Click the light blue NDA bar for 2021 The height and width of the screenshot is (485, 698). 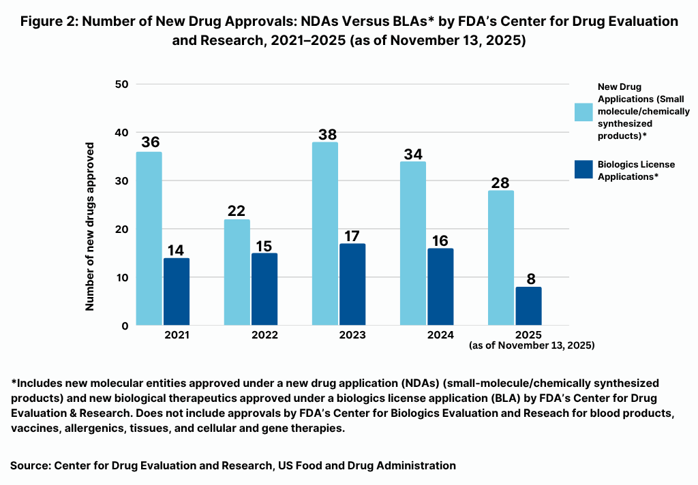point(149,238)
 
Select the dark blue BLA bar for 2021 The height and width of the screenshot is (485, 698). point(177,292)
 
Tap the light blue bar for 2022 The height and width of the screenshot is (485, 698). point(237,272)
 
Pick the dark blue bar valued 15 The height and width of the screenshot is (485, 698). point(264,290)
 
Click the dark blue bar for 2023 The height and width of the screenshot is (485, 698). point(352,285)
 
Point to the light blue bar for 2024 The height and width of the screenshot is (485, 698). point(412,243)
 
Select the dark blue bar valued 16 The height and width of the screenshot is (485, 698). point(440,287)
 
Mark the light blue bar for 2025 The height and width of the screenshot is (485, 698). point(500,257)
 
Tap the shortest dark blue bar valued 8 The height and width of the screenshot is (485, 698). point(528,306)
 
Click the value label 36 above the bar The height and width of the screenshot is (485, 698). point(150,142)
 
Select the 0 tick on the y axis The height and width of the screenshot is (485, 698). point(125,326)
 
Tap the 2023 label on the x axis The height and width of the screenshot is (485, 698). point(352,335)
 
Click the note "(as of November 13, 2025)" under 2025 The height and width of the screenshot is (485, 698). point(532,345)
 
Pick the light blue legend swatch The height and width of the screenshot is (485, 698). point(583,112)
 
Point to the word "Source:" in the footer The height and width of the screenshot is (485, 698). point(30,466)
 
